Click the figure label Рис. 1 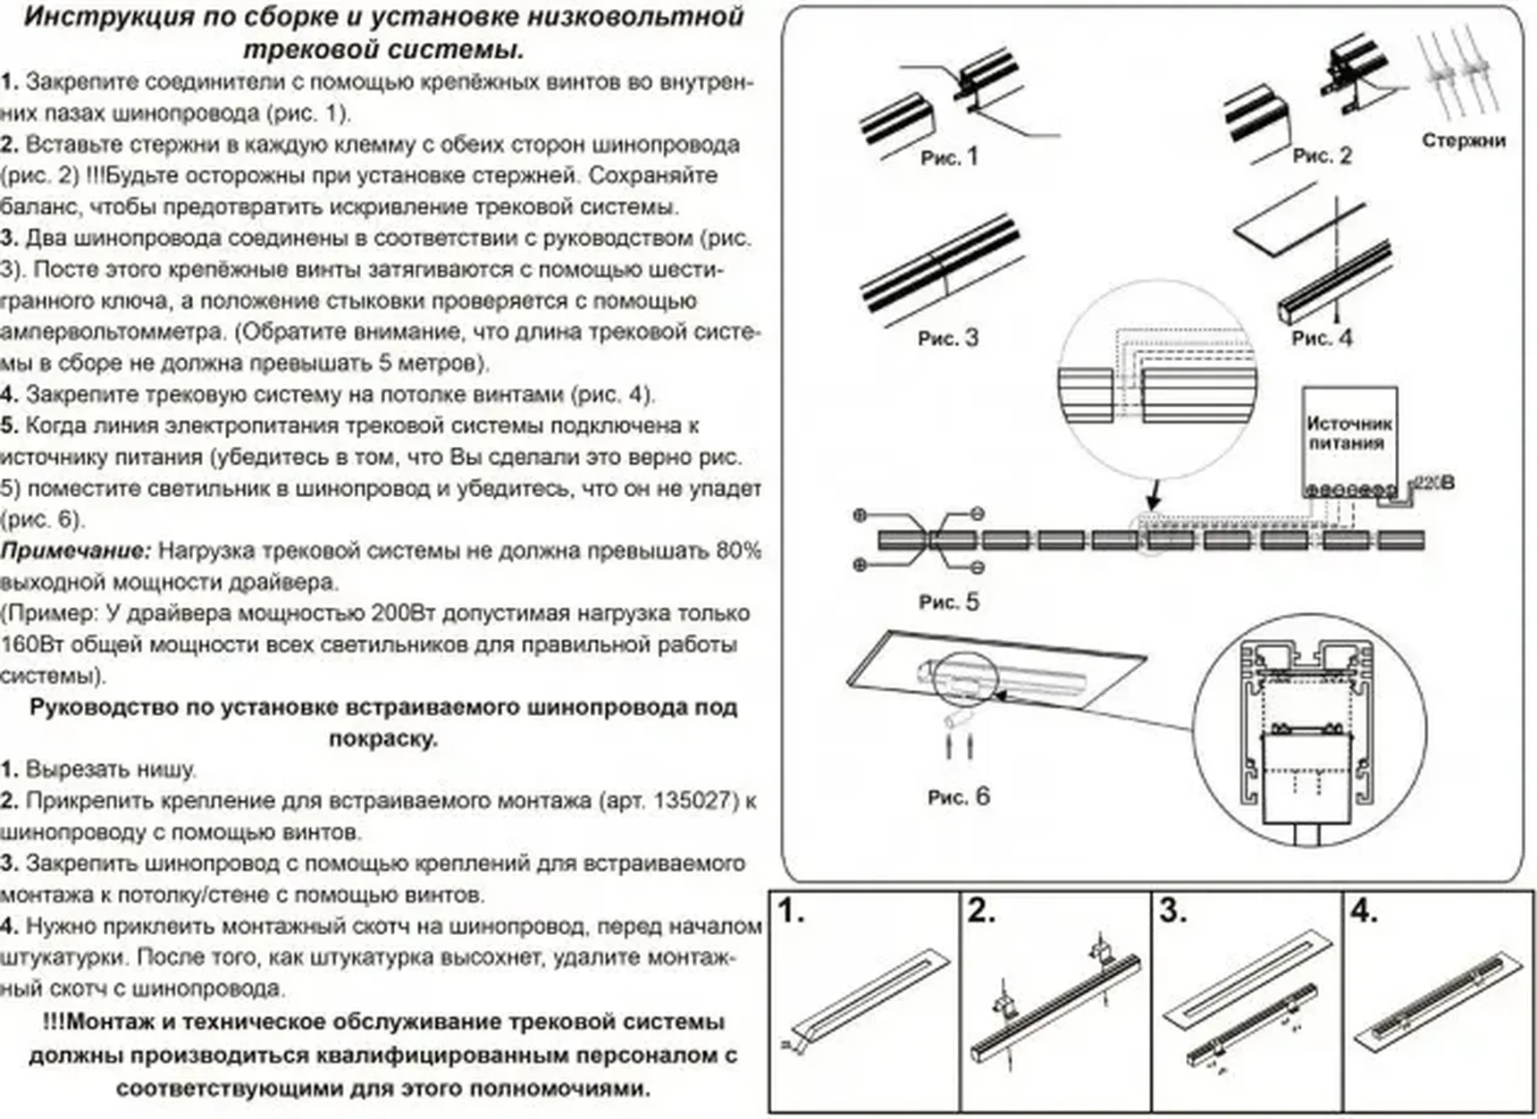coord(949,157)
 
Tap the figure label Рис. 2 coord(1322,156)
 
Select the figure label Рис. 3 coord(947,338)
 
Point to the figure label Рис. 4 coord(1322,338)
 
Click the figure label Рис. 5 coord(948,602)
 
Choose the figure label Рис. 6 coord(958,796)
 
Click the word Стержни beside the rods coord(1464,140)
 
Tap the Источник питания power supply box coord(1348,433)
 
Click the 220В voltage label coord(1434,484)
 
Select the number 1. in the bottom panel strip coord(792,912)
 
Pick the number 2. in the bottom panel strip coord(982,912)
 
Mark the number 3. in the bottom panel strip coord(1173,912)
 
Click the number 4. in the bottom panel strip coord(1365,912)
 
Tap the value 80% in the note coord(738,551)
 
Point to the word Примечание coord(76,551)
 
